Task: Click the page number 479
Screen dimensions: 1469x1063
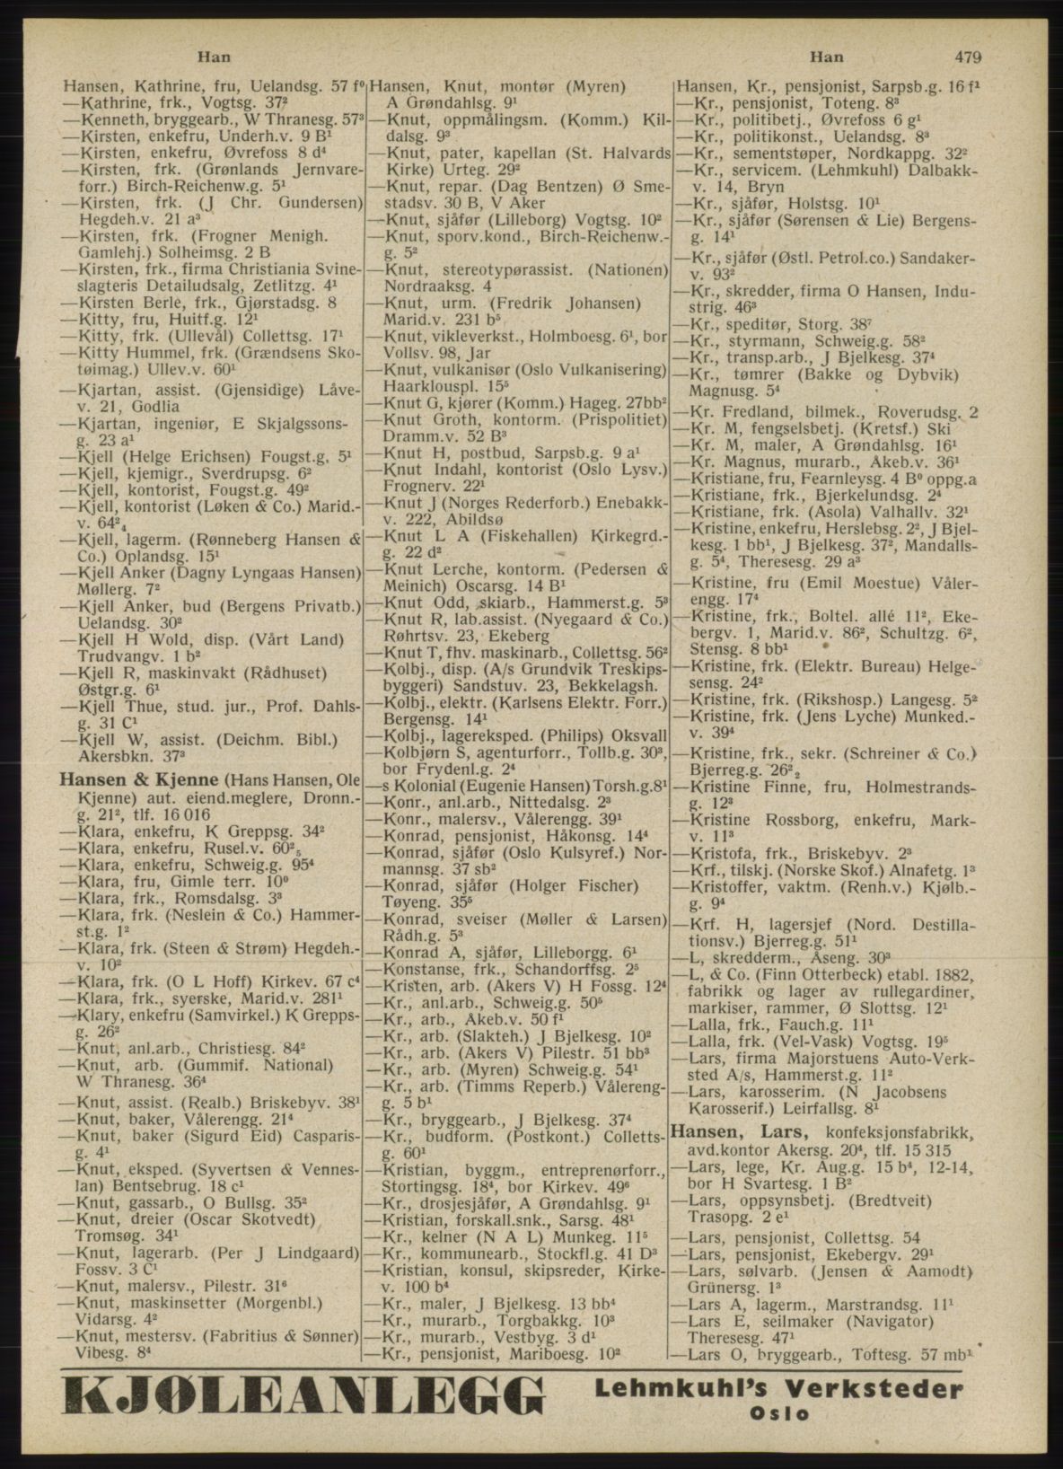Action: pos(967,57)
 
